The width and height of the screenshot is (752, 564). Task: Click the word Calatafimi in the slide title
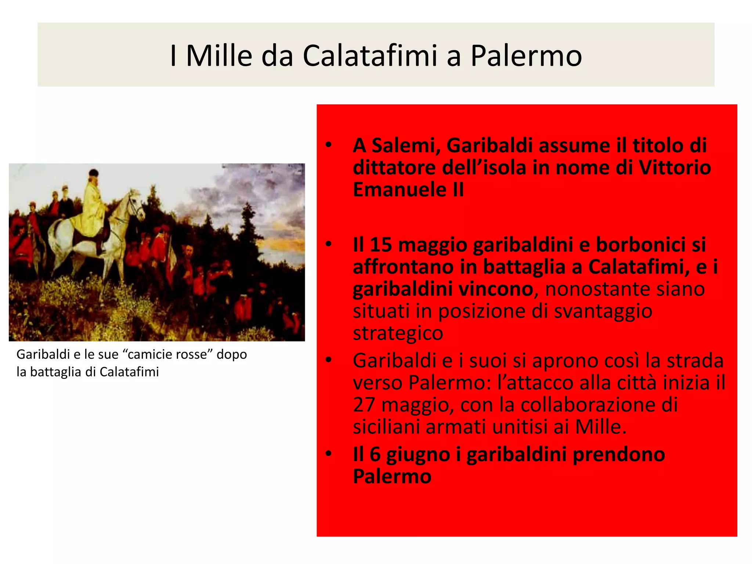[370, 56]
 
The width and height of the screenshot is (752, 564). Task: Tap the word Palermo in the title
[526, 56]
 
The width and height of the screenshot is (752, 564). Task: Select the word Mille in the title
[219, 56]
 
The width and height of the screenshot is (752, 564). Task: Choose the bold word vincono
[496, 289]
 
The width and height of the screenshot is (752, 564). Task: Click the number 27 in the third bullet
[364, 405]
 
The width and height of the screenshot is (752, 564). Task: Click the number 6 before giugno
[375, 454]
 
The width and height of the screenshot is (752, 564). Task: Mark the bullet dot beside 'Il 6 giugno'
[329, 453]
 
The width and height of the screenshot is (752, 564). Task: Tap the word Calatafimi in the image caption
[129, 372]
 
